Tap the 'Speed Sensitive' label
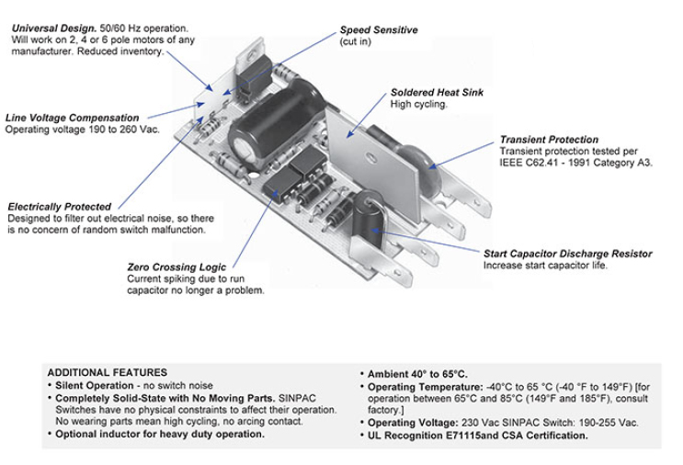tap(378, 30)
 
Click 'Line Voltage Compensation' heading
tap(73, 119)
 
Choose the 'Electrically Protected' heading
tap(59, 207)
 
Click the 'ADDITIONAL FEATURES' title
tap(107, 371)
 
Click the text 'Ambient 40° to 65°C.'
tap(417, 374)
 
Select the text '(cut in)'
tap(356, 42)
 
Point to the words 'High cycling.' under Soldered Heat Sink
tap(418, 105)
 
